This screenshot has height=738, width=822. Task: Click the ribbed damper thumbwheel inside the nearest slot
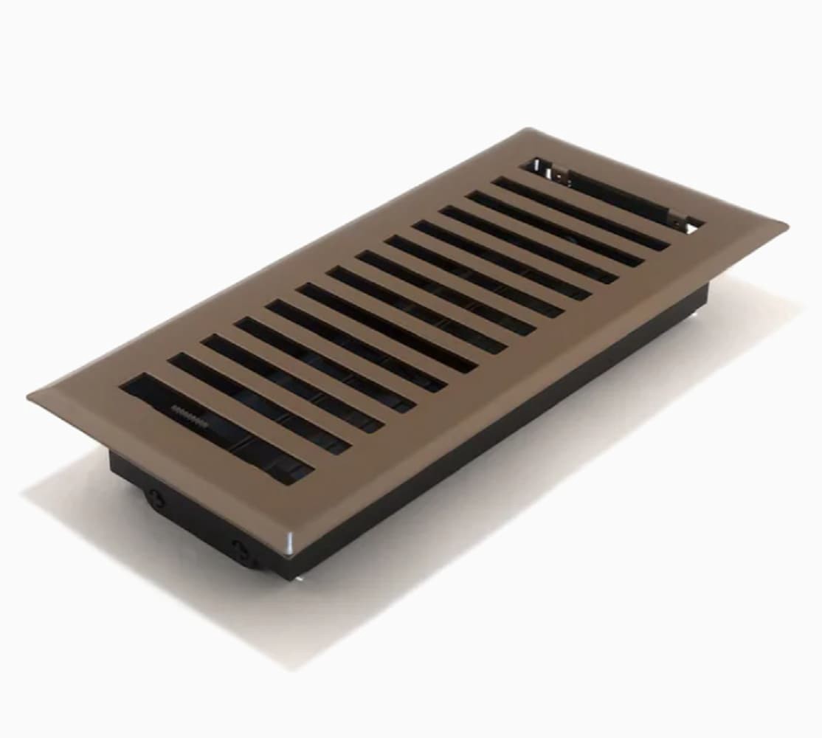point(189,412)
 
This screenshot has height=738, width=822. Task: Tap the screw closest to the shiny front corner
point(242,548)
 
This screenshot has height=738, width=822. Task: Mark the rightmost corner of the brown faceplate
point(786,223)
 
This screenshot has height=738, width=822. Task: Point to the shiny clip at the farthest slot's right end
point(692,224)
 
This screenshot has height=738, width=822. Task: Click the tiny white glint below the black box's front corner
point(299,580)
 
